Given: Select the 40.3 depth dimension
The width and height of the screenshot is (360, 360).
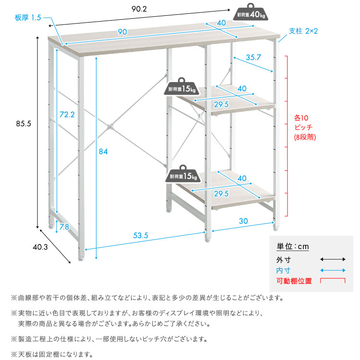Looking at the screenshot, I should pos(41,248).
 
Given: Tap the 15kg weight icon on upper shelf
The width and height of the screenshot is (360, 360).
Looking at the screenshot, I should pos(182,88).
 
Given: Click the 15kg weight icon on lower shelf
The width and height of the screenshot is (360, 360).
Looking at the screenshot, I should pos(182,175).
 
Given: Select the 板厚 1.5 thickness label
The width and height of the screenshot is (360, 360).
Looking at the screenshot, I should pos(28,18).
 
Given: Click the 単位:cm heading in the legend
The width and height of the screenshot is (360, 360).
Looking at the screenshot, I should pos(293,247).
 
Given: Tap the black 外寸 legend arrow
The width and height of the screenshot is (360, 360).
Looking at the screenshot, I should pos(333,259).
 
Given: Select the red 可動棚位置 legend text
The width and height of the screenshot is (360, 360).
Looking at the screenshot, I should pos(294,281).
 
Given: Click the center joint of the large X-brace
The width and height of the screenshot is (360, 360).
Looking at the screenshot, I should pos(110,128).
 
